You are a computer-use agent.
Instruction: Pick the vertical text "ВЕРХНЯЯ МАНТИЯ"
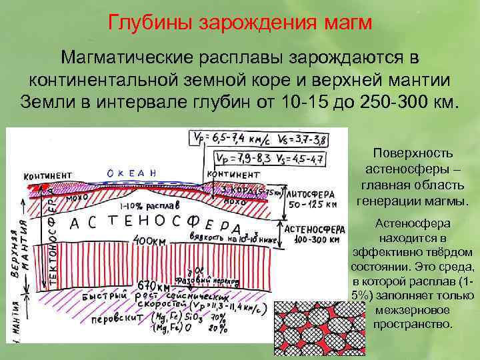tap(19, 250)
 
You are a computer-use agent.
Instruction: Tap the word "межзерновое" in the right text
tap(413, 310)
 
